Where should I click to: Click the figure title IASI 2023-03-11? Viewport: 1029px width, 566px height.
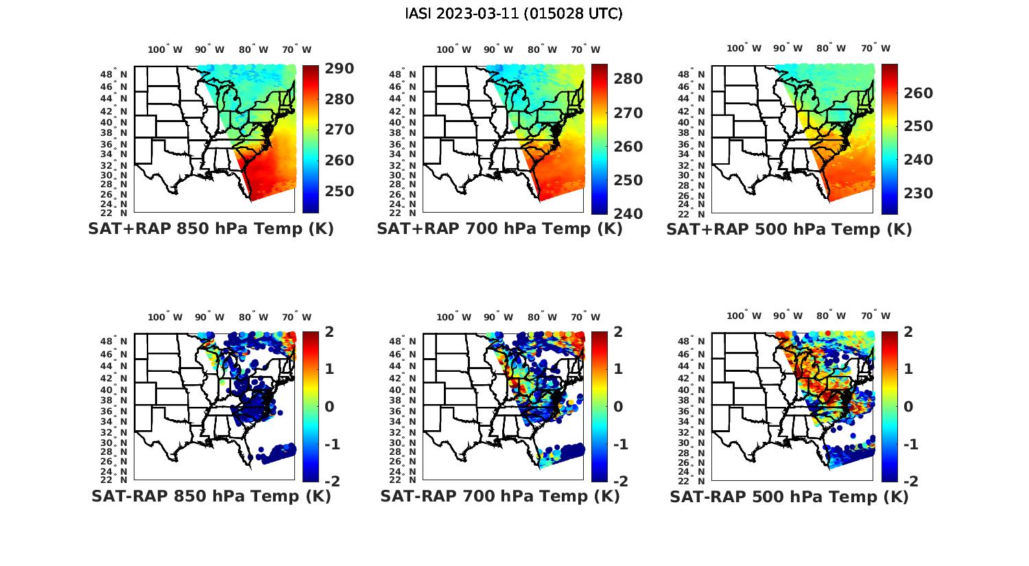click(514, 14)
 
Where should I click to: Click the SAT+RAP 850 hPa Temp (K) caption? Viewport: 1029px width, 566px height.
click(211, 229)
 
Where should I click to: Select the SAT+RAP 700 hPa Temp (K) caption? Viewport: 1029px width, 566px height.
click(499, 229)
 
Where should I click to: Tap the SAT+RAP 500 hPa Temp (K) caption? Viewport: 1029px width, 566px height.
click(789, 229)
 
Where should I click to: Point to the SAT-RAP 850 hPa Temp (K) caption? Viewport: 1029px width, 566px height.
click(211, 497)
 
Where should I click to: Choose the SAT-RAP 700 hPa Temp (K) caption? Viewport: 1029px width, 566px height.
click(499, 497)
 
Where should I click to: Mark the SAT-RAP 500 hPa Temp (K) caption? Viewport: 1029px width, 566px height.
click(789, 497)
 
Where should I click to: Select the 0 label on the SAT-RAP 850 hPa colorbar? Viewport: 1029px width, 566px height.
click(329, 406)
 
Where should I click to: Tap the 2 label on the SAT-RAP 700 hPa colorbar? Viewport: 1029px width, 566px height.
click(618, 331)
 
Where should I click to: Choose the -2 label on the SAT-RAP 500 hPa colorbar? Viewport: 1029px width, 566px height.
click(907, 481)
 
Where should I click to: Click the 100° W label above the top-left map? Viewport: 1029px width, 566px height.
click(165, 49)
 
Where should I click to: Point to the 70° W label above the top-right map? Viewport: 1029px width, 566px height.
click(875, 48)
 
